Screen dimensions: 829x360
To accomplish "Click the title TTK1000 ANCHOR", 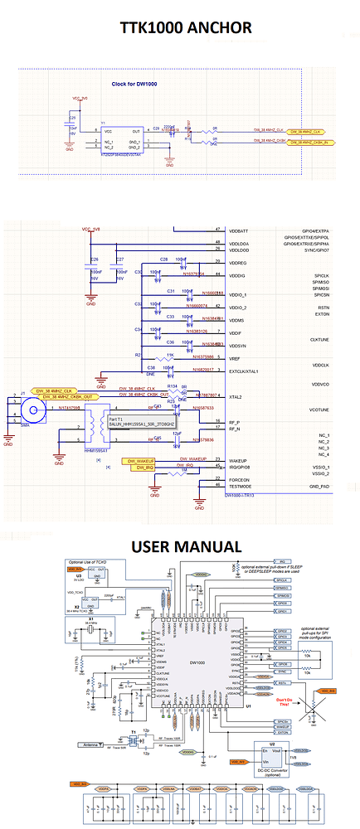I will [186, 29].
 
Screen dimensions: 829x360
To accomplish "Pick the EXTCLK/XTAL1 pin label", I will [248, 371].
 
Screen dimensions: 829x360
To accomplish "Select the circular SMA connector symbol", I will [32, 410].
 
